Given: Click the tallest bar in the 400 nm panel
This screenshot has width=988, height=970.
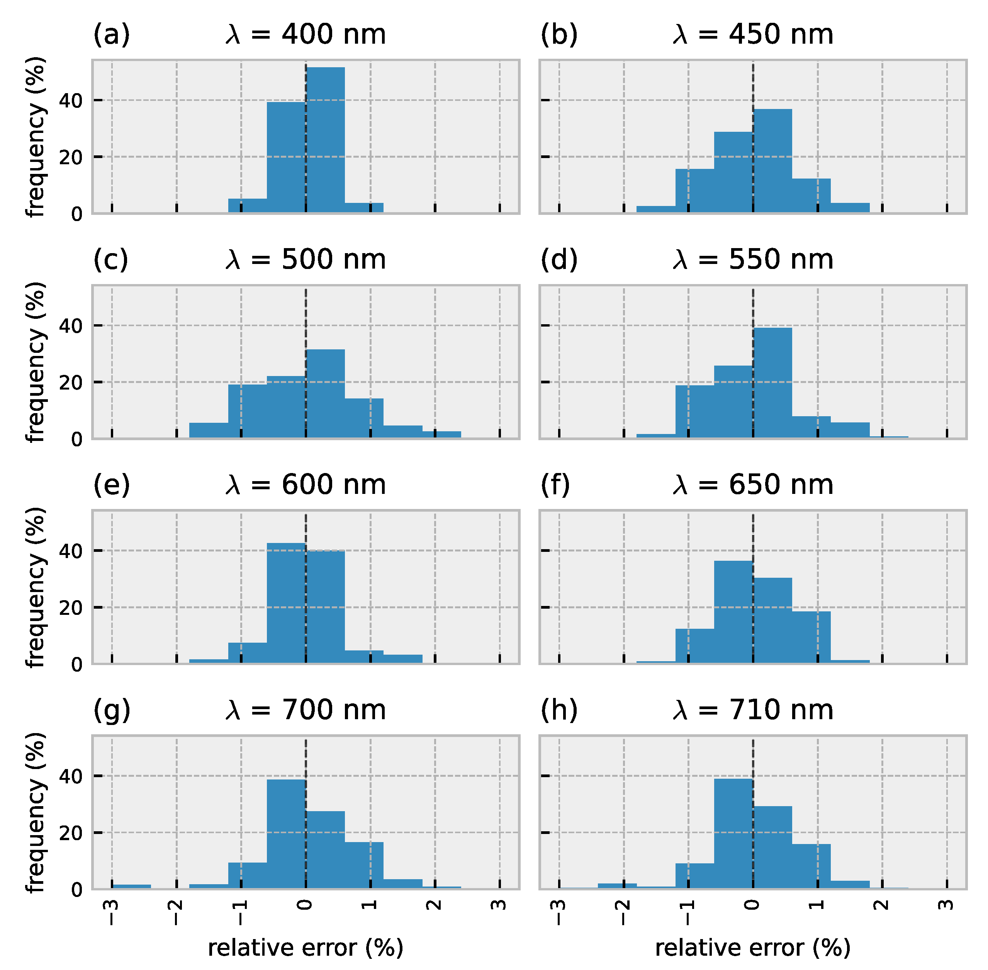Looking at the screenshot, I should (325, 140).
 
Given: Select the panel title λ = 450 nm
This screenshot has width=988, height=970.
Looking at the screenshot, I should (753, 35).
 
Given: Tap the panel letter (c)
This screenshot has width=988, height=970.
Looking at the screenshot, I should (110, 260).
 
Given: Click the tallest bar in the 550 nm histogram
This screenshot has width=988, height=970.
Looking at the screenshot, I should (772, 383).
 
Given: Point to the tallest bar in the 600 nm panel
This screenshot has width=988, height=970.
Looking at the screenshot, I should (286, 603).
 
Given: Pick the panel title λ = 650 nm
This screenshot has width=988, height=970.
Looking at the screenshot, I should (753, 485).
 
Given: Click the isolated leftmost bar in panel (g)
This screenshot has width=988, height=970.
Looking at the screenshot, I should (131, 887).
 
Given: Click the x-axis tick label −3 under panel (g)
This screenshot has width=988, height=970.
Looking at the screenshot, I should (112, 912).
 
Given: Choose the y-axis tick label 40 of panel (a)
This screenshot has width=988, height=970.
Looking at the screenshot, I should (70, 101).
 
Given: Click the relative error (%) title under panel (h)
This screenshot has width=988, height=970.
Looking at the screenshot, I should (753, 948).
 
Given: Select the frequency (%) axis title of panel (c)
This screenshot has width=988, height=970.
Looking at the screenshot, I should (36, 362).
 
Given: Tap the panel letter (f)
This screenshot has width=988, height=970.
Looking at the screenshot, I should (555, 485).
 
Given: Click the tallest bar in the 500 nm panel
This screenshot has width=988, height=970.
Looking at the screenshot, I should (325, 394).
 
